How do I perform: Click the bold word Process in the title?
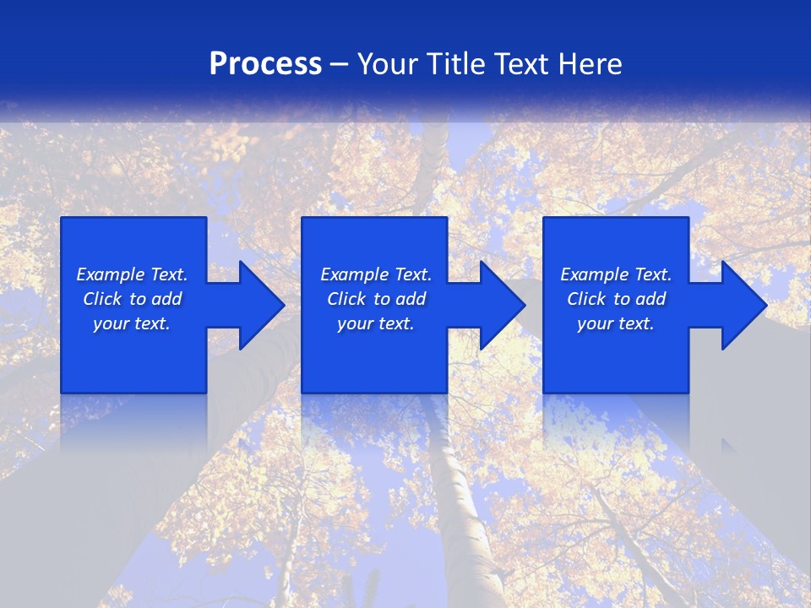point(265,64)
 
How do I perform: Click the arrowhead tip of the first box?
point(283,305)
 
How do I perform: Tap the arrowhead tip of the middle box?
point(524,305)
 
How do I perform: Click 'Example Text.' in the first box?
point(132,274)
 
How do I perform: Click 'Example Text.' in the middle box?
point(375,274)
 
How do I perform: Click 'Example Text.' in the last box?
point(616,274)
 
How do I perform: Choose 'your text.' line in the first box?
point(132,323)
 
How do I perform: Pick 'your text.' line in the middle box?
point(375,323)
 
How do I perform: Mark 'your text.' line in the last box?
point(616,323)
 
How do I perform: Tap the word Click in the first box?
point(102,299)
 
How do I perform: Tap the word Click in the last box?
point(586,299)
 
